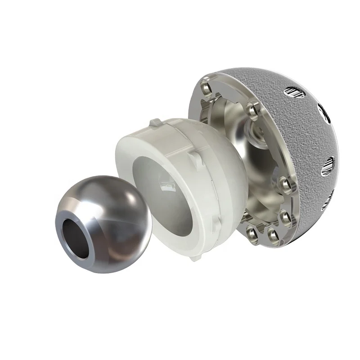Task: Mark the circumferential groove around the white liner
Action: (x=198, y=148)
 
